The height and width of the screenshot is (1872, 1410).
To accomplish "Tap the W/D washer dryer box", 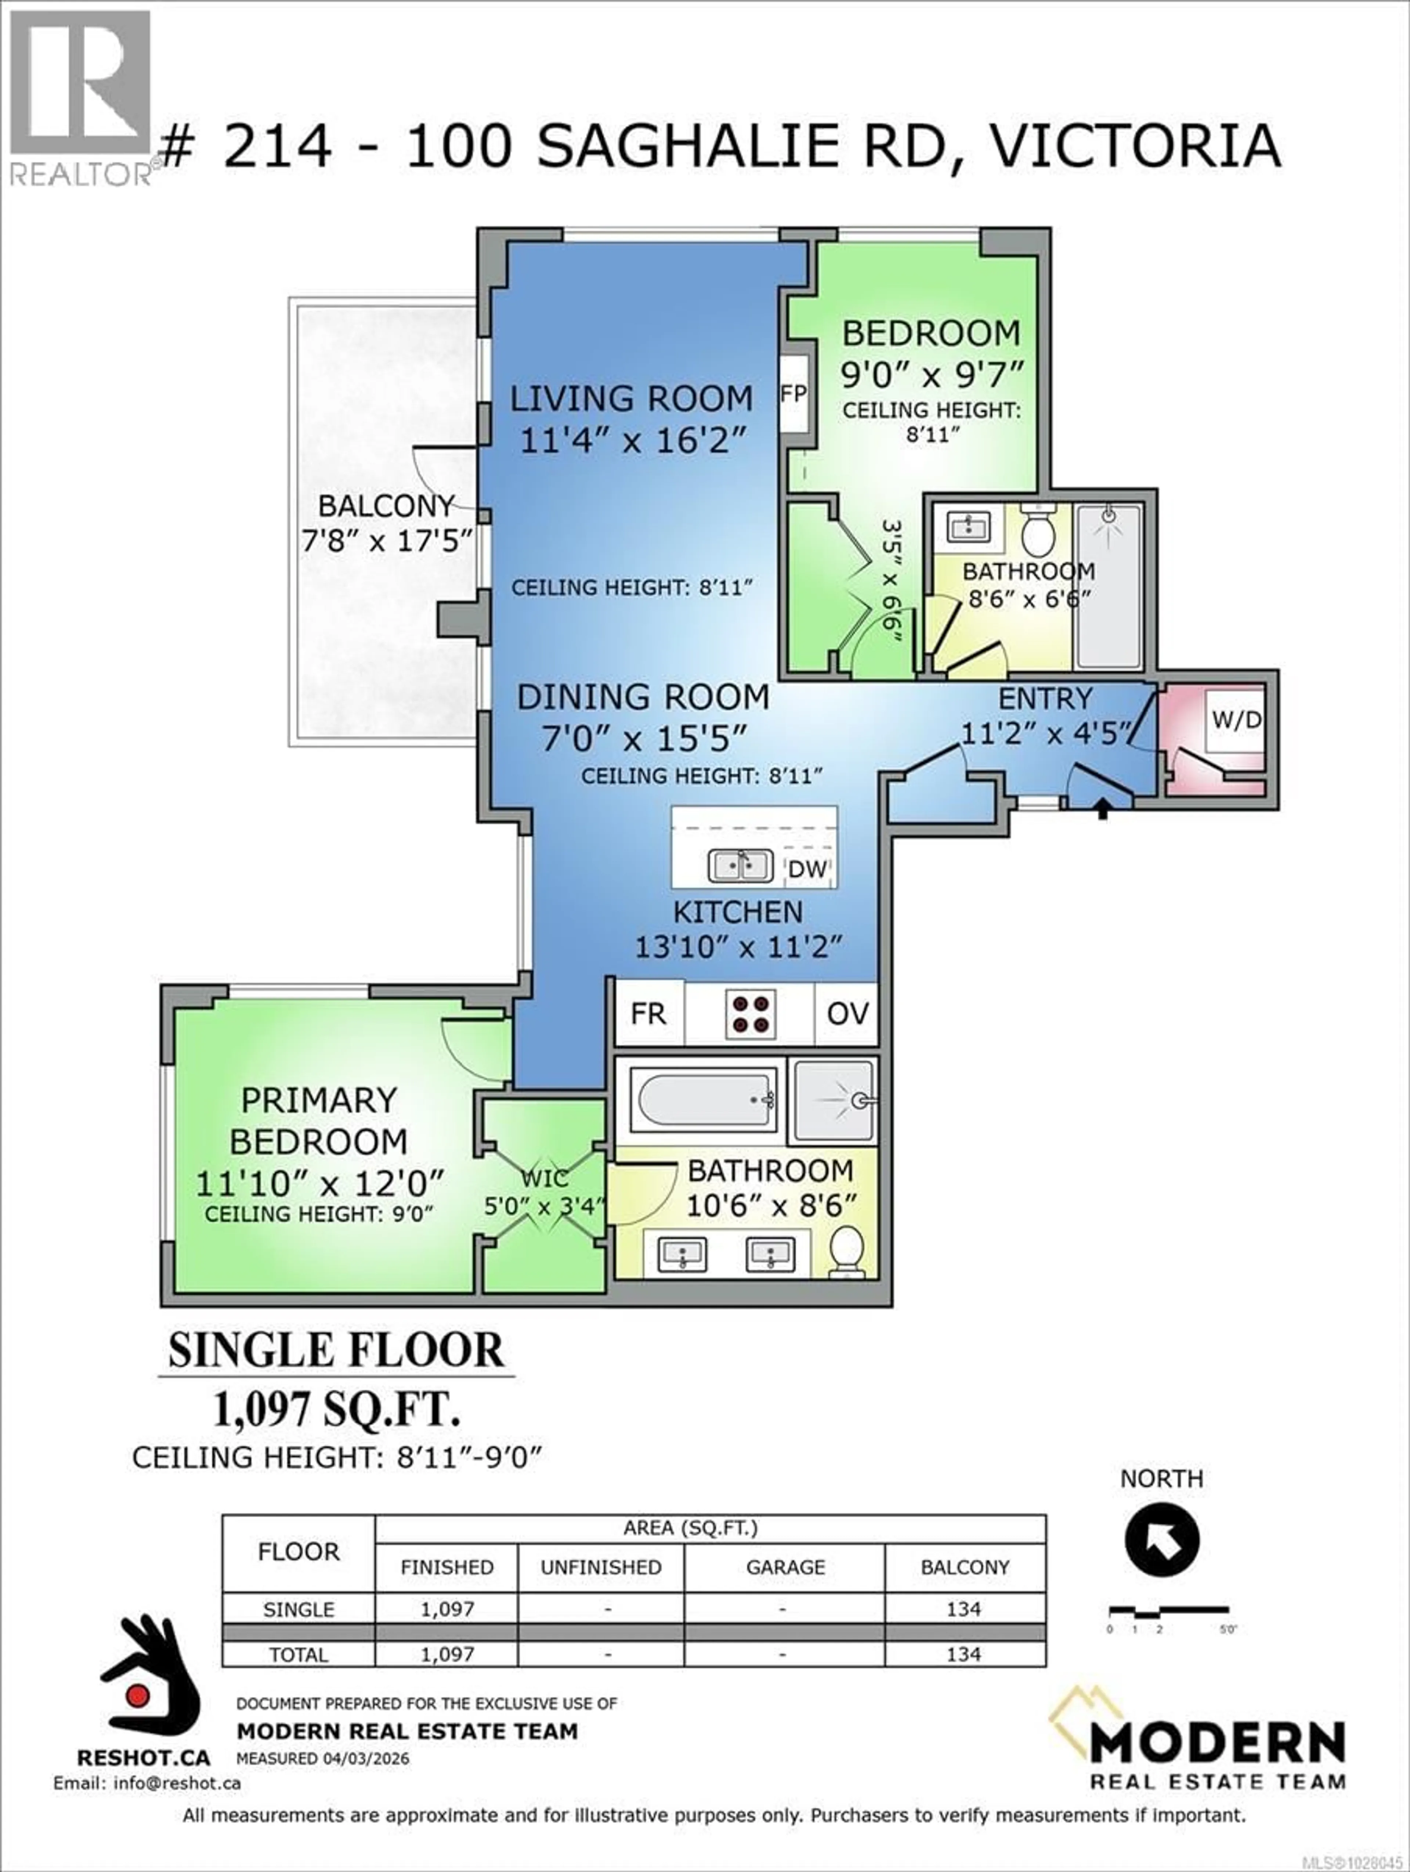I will click(1236, 720).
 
